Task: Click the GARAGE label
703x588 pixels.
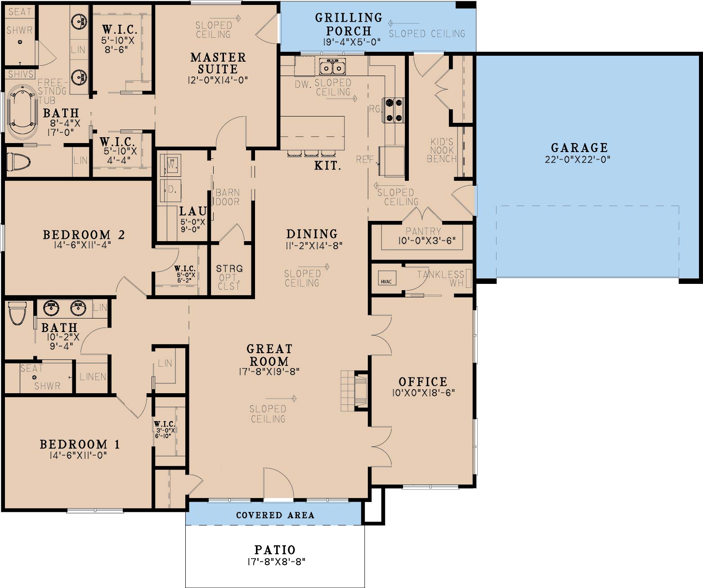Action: point(579,148)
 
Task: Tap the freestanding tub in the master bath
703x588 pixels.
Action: point(22,112)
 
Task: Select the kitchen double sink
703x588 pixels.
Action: point(332,66)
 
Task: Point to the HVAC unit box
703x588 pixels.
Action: point(386,278)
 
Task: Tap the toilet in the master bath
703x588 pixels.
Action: point(19,162)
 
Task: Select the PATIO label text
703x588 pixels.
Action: point(275,550)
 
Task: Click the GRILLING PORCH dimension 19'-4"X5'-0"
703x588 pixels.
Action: point(352,42)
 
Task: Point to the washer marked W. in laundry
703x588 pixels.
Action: point(172,165)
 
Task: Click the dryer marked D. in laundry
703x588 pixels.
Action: point(171,190)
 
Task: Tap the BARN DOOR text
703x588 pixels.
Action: point(228,197)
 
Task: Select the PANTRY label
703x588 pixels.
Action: point(423,231)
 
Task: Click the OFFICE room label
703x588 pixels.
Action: point(423,382)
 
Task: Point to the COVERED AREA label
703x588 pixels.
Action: point(275,515)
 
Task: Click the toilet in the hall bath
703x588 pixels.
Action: point(17,313)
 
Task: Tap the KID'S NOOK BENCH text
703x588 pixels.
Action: point(442,150)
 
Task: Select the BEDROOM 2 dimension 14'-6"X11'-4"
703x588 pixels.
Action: point(82,245)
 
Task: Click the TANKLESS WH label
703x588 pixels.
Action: point(441,278)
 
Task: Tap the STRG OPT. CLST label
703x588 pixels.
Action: point(229,277)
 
